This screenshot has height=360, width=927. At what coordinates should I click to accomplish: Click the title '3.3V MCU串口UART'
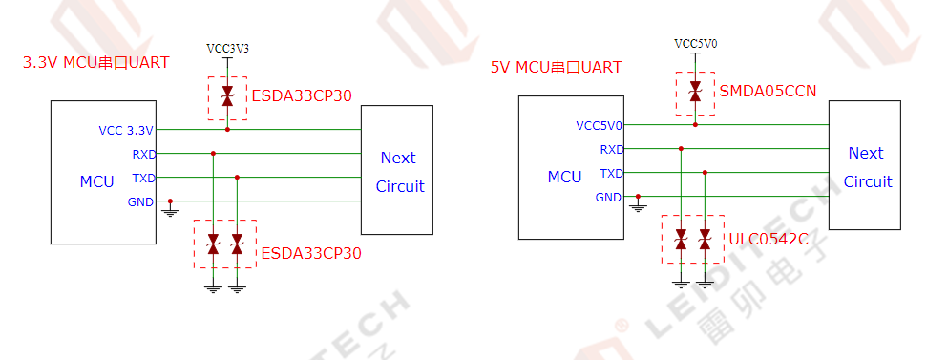[x=96, y=63]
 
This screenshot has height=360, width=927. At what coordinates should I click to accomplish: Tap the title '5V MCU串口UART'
[x=557, y=67]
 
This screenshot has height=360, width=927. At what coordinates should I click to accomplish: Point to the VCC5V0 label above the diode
[x=696, y=44]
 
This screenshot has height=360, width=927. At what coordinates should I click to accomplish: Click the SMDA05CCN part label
[x=768, y=92]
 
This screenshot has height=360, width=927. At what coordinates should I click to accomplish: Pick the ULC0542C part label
[x=769, y=239]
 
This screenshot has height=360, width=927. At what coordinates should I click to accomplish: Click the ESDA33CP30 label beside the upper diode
[x=302, y=96]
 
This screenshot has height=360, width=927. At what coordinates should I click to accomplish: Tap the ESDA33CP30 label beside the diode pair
[x=311, y=254]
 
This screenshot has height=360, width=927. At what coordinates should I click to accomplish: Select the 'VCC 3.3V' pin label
[x=126, y=130]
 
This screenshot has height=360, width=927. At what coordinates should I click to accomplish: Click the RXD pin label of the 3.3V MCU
[x=143, y=154]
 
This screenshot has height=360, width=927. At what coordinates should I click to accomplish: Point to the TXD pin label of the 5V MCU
[x=611, y=174]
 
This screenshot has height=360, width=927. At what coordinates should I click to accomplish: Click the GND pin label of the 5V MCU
[x=608, y=198]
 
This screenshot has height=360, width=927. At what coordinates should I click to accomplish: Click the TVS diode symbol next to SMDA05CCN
[x=695, y=92]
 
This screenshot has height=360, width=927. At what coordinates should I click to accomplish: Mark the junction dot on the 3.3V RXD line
[x=213, y=153]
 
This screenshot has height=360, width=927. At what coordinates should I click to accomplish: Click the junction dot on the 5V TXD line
[x=705, y=173]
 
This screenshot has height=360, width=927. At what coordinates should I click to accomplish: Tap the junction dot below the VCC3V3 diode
[x=227, y=129]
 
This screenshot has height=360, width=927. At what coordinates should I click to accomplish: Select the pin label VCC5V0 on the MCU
[x=600, y=125]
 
